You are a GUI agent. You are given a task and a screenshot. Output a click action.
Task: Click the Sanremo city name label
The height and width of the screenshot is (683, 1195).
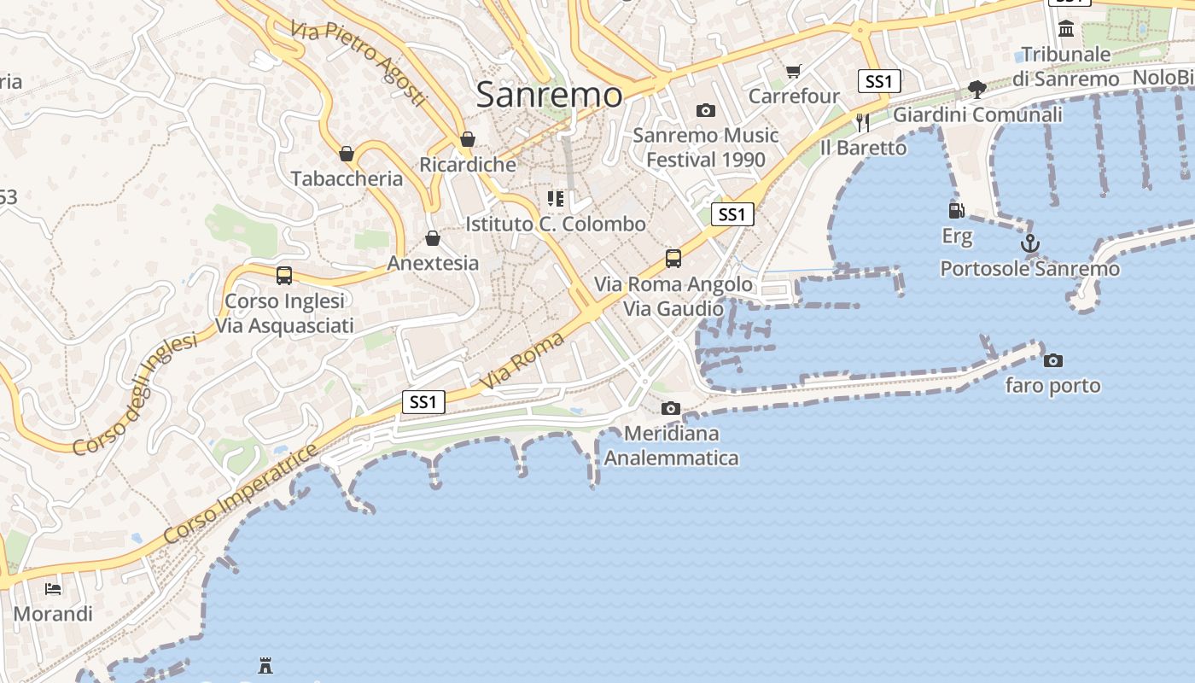[549, 94]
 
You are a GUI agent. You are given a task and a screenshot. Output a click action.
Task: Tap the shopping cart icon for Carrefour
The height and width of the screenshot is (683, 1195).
[794, 71]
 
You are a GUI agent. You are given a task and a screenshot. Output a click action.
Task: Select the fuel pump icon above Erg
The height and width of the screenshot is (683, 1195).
[956, 210]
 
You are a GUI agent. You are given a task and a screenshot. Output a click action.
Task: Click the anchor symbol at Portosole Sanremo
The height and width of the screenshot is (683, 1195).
[1030, 244]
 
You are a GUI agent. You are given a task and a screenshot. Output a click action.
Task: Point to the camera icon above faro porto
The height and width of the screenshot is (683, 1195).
[1053, 360]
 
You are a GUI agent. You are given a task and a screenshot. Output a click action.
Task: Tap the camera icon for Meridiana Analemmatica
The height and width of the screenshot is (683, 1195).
[671, 408]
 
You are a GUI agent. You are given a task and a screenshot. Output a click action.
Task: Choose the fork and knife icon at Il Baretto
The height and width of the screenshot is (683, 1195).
[862, 123]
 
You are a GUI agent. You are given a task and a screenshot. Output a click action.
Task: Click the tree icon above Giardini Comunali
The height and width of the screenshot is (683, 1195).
[977, 89]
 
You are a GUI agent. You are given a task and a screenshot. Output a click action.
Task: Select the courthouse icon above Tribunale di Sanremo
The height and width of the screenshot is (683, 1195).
[1066, 30]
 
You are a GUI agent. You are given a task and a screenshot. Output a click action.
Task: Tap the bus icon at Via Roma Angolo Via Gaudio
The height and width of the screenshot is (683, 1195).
[673, 258]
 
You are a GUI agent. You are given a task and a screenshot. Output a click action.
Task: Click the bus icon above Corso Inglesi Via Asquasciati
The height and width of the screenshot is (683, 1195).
[284, 276]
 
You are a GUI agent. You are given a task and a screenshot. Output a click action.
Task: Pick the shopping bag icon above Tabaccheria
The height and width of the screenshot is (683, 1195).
[347, 154]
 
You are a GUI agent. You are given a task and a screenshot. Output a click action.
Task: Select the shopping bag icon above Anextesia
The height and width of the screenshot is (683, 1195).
[433, 237]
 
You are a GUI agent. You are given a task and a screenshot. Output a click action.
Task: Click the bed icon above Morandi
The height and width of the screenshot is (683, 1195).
[53, 588]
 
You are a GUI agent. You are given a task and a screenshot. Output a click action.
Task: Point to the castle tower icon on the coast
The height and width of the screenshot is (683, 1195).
[265, 664]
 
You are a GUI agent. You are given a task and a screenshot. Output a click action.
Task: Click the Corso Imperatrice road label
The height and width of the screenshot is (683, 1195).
[240, 493]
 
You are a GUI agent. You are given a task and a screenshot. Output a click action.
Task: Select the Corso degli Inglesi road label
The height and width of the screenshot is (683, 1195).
[135, 394]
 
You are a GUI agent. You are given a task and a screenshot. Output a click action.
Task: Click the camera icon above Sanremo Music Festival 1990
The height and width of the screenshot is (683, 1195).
[705, 110]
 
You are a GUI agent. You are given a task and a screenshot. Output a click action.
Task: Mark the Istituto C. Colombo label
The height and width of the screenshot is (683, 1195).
[556, 224]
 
